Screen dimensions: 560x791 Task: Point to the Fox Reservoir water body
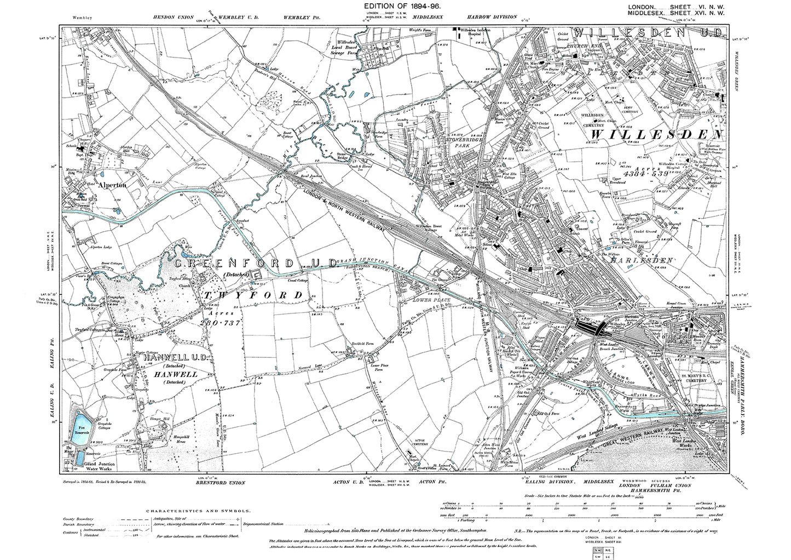point(81,427)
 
